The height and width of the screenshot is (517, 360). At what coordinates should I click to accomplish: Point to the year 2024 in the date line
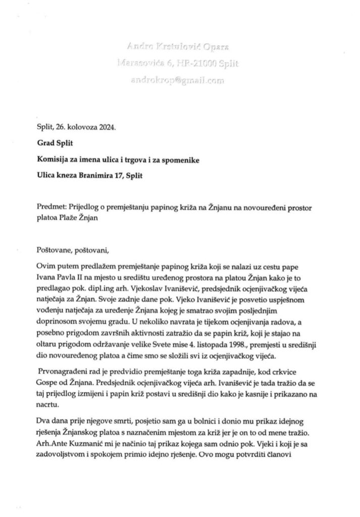[x=106, y=127]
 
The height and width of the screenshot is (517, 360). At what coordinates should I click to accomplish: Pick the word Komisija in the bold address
[x=54, y=160]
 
